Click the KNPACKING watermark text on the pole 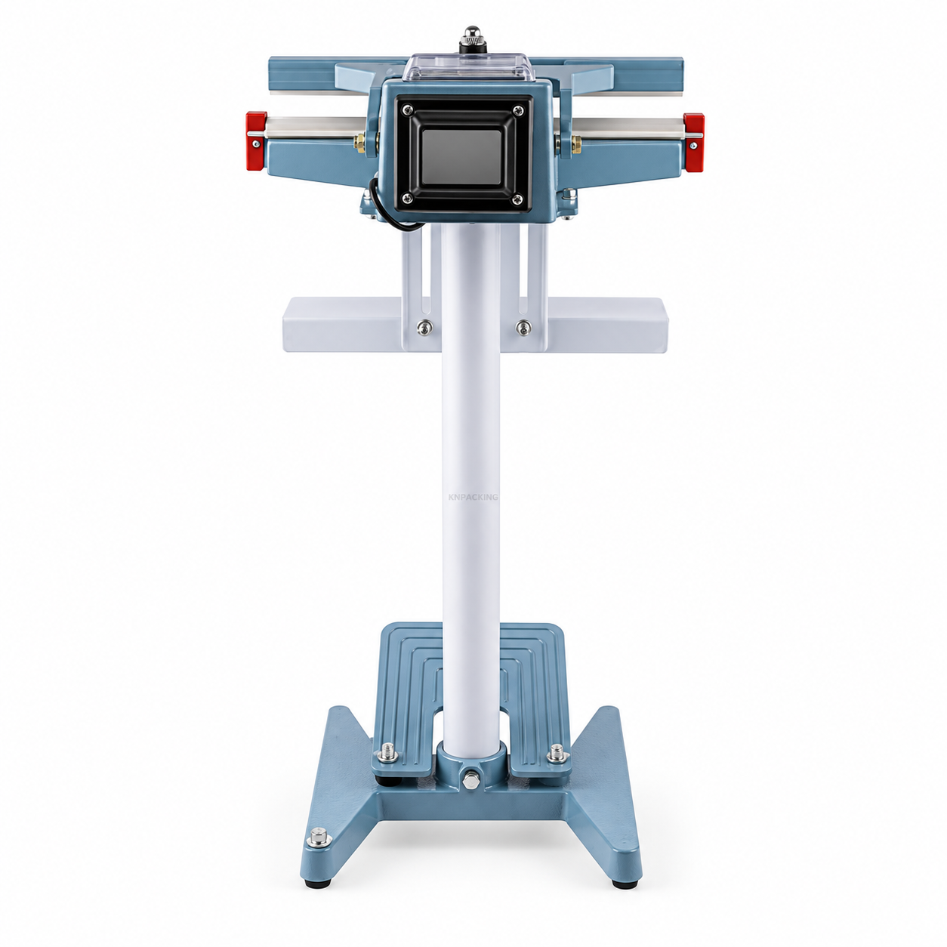(x=472, y=498)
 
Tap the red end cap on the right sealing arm (x=693, y=143)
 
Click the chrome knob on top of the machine (x=472, y=39)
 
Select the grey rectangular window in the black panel (x=461, y=158)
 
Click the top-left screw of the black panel (x=406, y=111)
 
